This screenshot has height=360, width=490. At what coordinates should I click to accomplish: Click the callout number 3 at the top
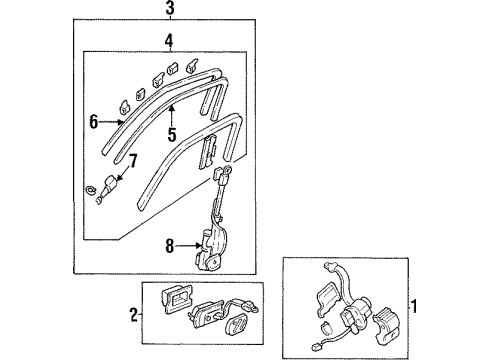170,10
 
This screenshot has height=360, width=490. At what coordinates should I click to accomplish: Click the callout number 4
169,41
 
